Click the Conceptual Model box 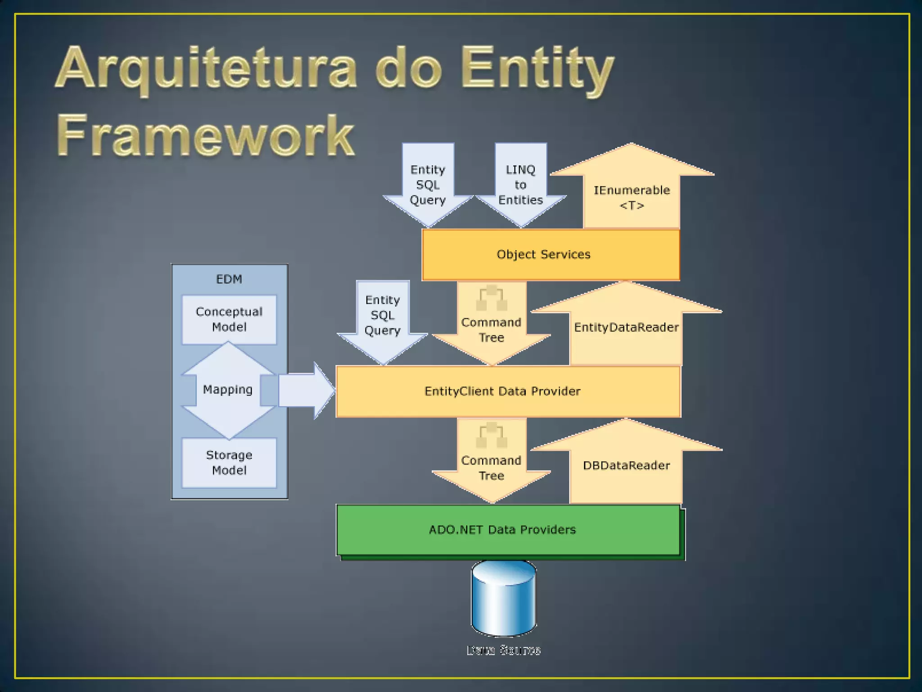[229, 319]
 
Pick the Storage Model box [229, 463]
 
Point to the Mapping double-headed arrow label [228, 390]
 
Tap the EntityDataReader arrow [626, 328]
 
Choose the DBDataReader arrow [626, 465]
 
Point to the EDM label [229, 279]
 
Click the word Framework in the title [206, 135]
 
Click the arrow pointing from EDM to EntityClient [306, 391]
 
